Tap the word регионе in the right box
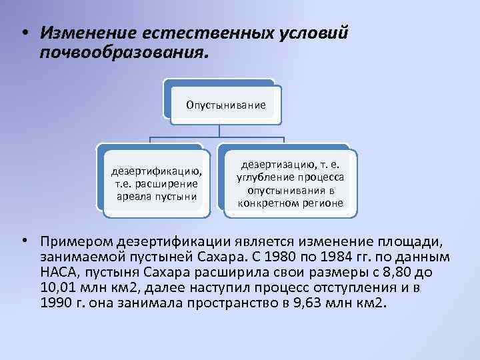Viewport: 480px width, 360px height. (323, 202)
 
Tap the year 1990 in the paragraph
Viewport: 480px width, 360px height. (55, 302)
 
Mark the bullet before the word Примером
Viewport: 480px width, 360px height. (24, 239)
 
